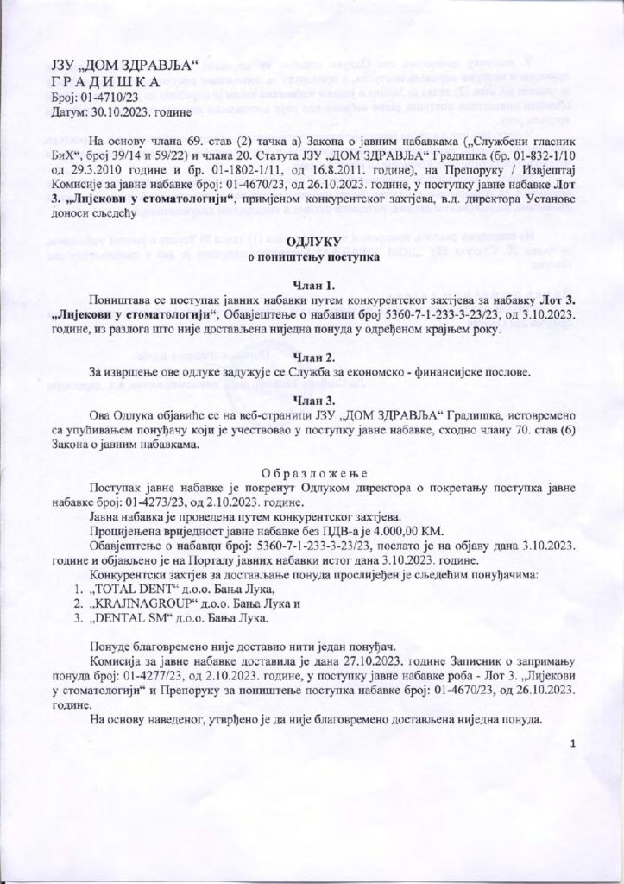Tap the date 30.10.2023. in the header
coord(111,112)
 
